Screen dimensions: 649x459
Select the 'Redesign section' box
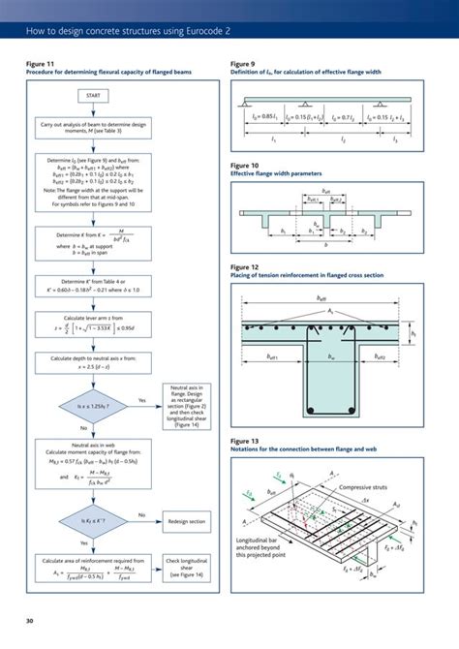pyautogui.click(x=184, y=520)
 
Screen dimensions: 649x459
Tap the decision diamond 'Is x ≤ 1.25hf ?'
pyautogui.click(x=94, y=405)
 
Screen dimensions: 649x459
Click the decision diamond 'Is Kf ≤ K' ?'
pyautogui.click(x=94, y=520)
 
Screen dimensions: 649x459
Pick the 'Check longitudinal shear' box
pyautogui.click(x=184, y=567)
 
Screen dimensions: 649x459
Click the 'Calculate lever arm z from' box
pyautogui.click(x=94, y=326)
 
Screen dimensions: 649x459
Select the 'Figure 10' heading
pyautogui.click(x=245, y=166)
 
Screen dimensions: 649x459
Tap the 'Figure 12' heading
pyautogui.click(x=245, y=266)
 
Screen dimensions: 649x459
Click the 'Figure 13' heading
pyautogui.click(x=245, y=442)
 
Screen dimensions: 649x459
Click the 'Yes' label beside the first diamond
pyautogui.click(x=142, y=399)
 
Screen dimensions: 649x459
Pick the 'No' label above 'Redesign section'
pyautogui.click(x=142, y=514)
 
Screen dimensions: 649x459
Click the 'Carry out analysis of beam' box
pyautogui.click(x=94, y=128)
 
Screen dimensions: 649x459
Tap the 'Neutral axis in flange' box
pyautogui.click(x=184, y=405)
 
